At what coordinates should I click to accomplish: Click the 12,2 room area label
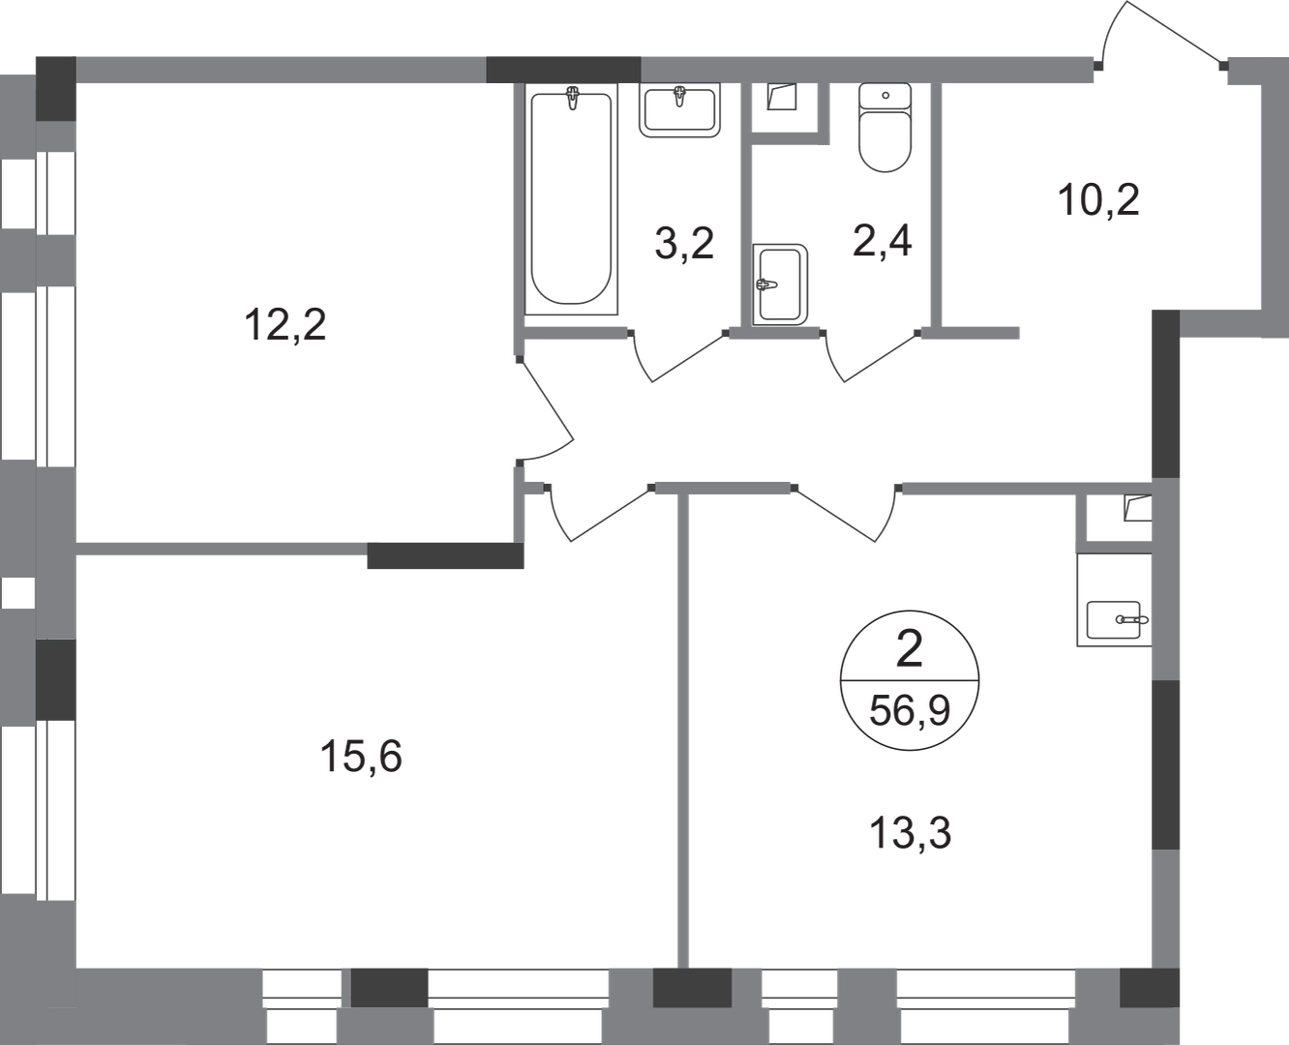coord(285,325)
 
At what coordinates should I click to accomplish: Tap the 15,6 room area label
coord(361,757)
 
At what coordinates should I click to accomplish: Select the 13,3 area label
coord(911,833)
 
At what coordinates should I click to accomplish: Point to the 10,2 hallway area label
coord(1098,199)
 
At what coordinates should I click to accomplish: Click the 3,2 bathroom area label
coord(684,243)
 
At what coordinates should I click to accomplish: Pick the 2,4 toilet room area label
coord(883,240)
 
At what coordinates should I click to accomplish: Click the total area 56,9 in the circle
coord(910,710)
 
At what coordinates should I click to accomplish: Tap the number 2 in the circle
coord(909,648)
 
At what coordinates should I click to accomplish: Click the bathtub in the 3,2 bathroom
coord(571,199)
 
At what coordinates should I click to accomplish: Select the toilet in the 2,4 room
coord(884,127)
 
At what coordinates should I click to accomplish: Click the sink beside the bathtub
coord(679,110)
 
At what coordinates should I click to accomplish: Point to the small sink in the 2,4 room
coord(780,284)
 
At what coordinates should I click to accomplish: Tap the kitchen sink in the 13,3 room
coord(1114,620)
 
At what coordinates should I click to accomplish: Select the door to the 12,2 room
coord(546,411)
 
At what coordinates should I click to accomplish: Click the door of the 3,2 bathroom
coord(677,356)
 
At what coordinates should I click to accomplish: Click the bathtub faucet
coord(573,98)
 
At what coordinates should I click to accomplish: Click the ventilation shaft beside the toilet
coord(781,96)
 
